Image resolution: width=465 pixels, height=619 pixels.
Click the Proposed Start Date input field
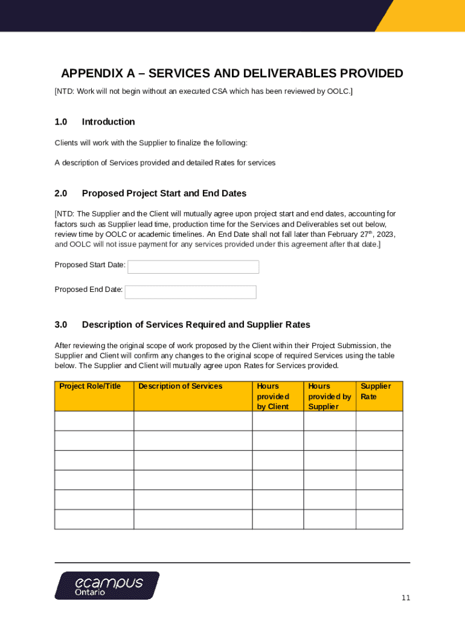(193, 267)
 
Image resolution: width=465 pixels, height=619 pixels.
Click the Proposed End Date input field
(190, 292)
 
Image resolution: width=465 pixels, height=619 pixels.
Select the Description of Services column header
(180, 386)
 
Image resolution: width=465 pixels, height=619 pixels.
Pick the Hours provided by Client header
(273, 396)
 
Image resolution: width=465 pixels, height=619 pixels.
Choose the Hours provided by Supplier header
(329, 396)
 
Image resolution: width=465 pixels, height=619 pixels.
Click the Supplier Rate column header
(376, 391)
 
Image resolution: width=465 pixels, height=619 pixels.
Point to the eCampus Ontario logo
(107, 585)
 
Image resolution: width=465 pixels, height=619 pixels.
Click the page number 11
(406, 598)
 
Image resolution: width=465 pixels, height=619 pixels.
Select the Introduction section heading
(108, 122)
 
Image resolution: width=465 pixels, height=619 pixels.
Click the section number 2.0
(60, 193)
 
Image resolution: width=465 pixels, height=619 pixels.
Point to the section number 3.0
(60, 325)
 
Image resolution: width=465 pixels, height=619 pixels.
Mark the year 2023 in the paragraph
(386, 234)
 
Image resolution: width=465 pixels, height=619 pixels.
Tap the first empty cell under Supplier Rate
(379, 421)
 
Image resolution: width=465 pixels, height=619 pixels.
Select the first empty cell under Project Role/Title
(94, 421)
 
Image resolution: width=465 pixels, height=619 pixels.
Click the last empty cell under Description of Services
(193, 519)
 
